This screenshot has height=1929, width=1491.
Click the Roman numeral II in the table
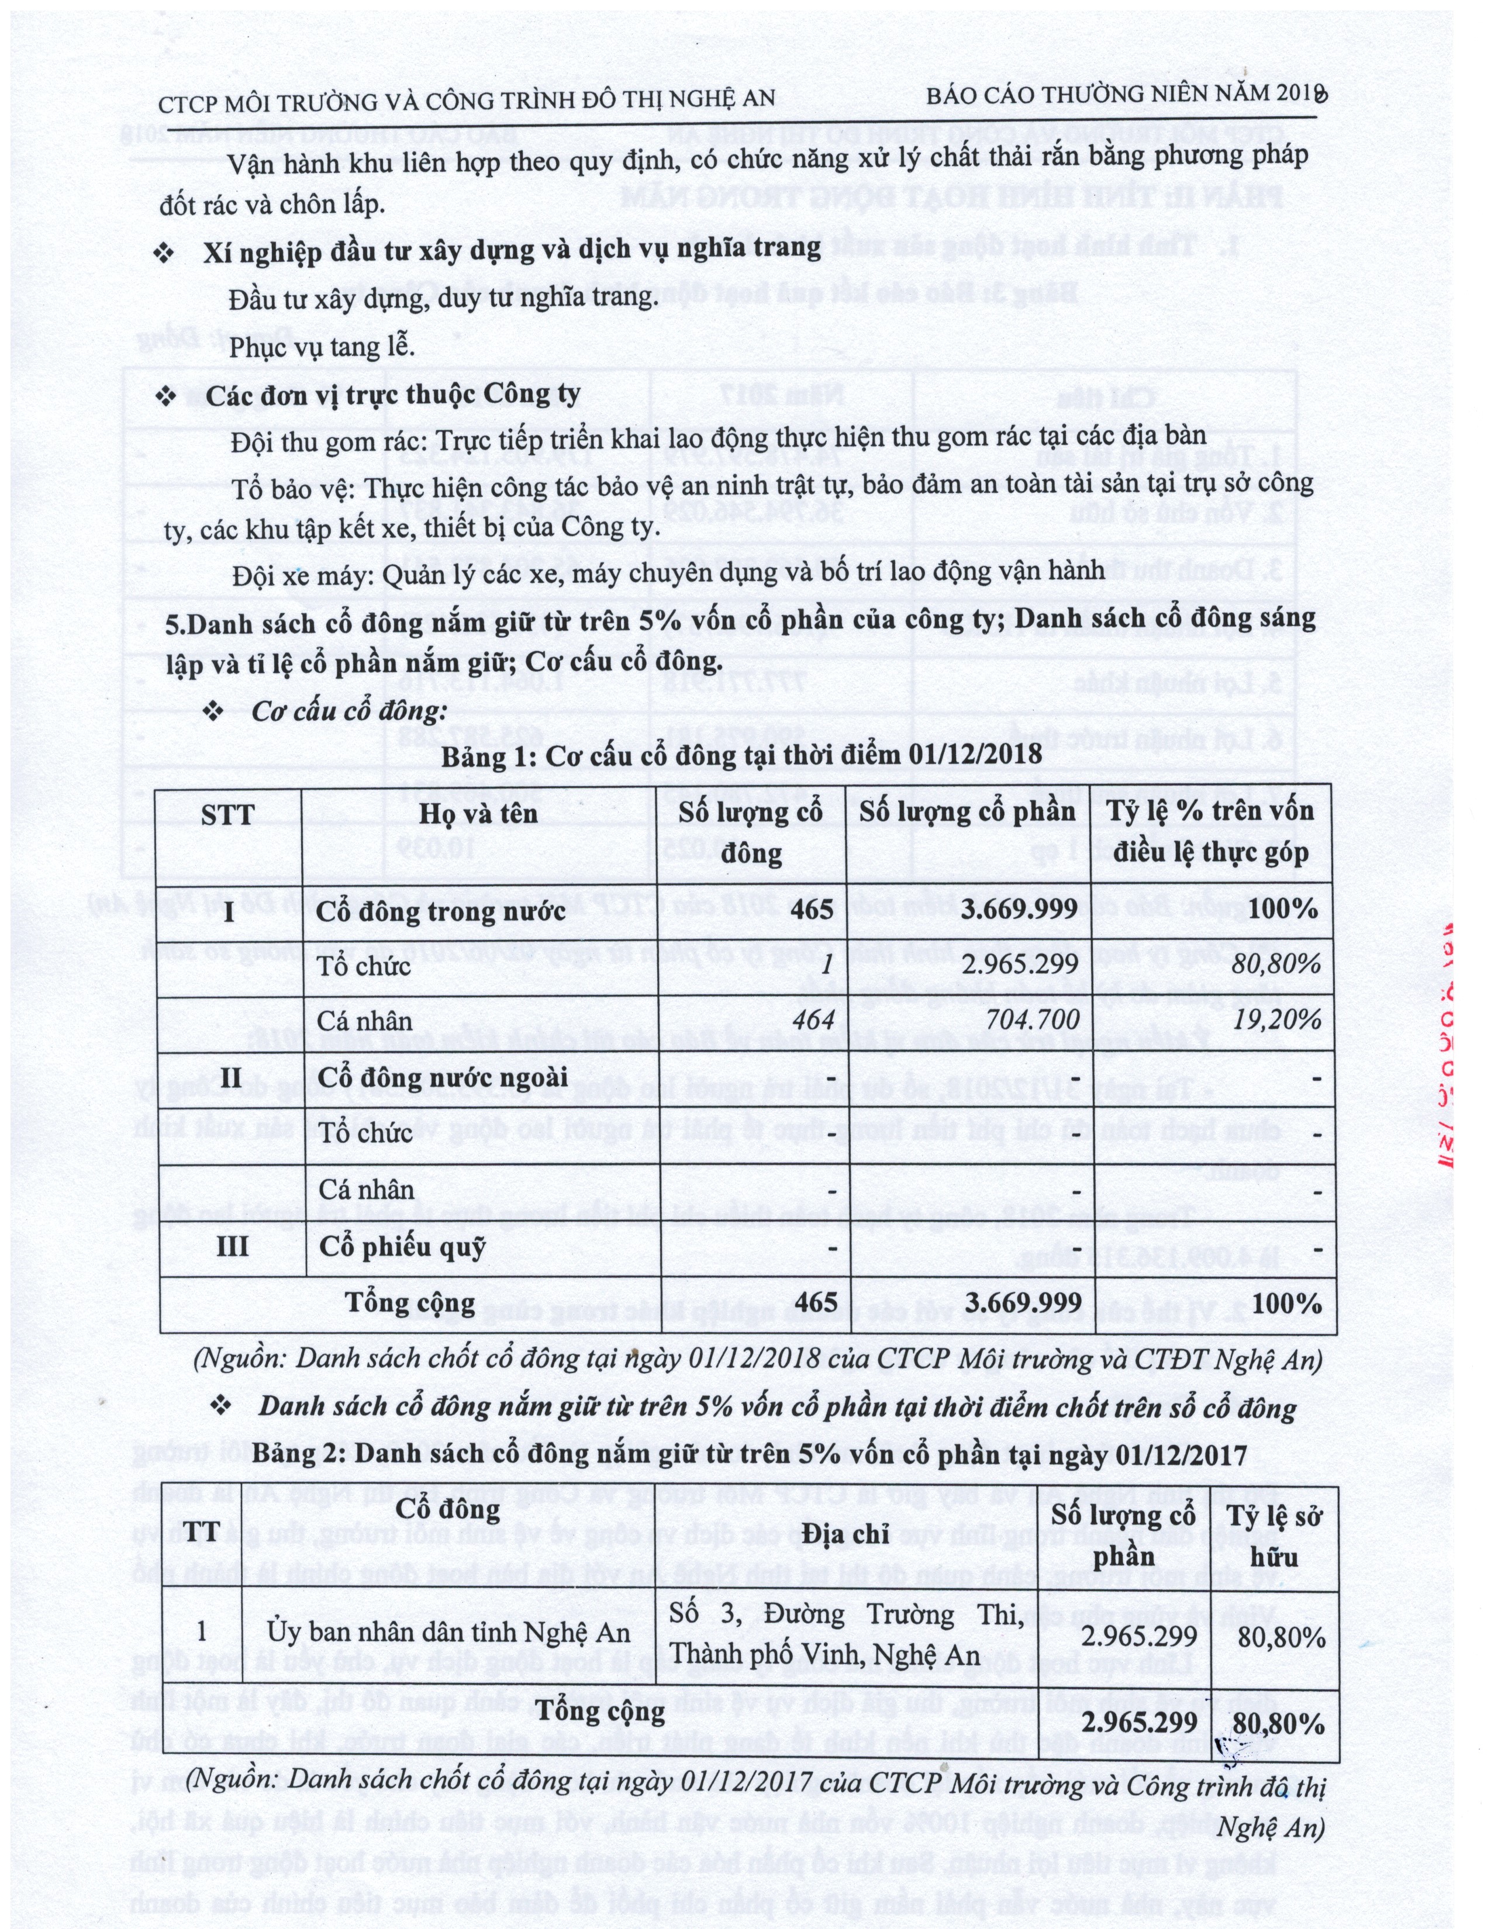click(230, 1077)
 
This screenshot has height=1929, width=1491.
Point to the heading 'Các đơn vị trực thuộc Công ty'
click(392, 395)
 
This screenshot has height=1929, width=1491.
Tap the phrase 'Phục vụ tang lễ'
click(322, 346)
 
